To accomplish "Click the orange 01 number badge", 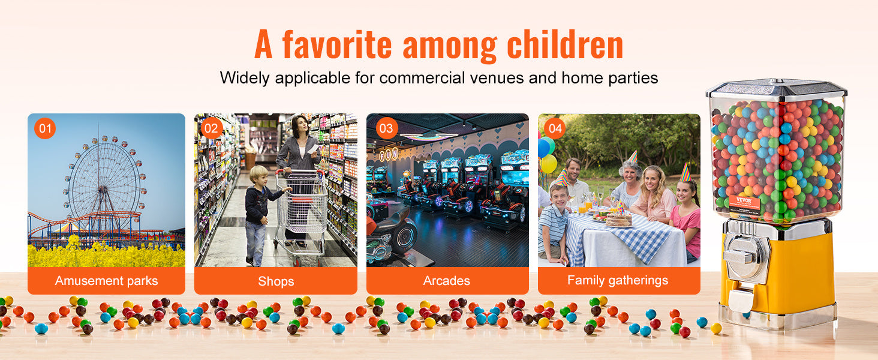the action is click(x=45, y=128).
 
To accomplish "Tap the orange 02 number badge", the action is click(x=211, y=128).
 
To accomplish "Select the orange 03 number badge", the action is click(x=386, y=128).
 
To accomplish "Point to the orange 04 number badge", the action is click(x=555, y=128).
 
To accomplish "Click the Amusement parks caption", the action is click(x=106, y=281).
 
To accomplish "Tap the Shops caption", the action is click(x=276, y=281).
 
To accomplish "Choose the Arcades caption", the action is click(x=446, y=281).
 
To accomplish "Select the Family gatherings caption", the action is click(x=618, y=281).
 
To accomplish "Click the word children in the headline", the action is click(x=565, y=44).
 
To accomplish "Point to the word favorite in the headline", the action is click(x=336, y=44).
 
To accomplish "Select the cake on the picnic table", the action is click(x=619, y=220).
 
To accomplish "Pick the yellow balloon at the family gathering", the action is click(x=549, y=164).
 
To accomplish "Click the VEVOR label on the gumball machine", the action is click(x=744, y=204).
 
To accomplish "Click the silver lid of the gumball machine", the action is click(x=777, y=89).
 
